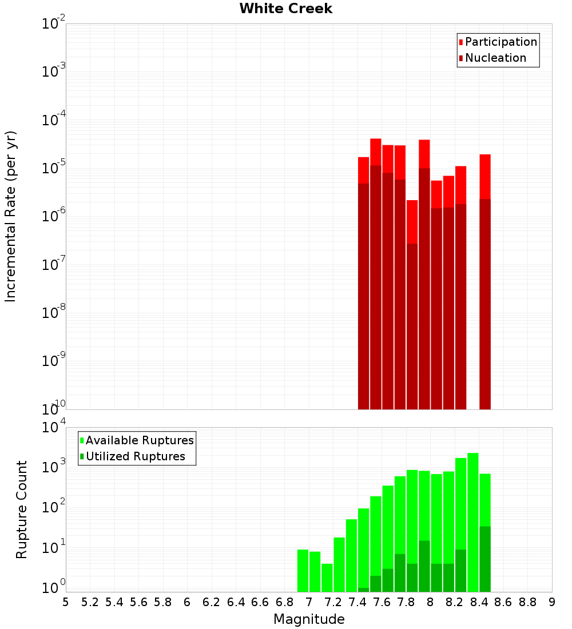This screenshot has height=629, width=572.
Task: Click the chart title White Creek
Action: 285,9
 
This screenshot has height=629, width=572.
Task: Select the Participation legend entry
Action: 501,42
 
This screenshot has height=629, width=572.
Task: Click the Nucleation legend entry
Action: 495,58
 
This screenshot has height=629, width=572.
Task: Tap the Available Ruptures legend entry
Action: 140,440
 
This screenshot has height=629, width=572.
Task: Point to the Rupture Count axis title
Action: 22,509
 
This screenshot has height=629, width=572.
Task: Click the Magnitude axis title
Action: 309,619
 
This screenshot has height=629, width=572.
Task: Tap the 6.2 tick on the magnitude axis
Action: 212,602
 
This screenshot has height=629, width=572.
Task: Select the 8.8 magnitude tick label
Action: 527,602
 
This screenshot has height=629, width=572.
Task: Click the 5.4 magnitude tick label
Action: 114,602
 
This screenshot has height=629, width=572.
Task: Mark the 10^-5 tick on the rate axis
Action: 54,168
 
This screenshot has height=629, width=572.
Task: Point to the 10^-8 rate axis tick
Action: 54,312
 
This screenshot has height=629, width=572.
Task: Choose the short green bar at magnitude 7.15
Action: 327,577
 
